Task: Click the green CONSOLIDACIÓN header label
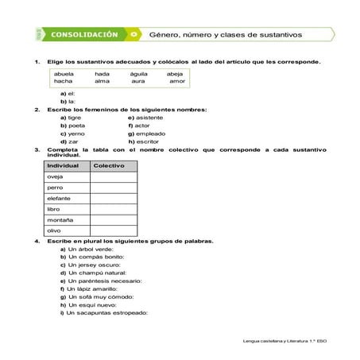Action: coord(83,35)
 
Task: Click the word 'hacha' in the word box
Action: coord(63,81)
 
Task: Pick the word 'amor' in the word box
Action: coord(177,81)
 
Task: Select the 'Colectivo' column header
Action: coord(109,165)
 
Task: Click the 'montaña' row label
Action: coord(60,219)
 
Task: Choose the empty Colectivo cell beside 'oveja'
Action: coord(112,176)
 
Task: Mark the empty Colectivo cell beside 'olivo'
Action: coord(112,230)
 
